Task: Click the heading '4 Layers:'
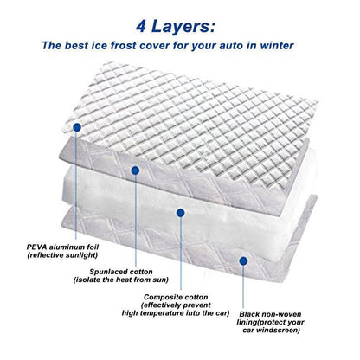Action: point(179,19)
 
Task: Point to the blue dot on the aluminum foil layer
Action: point(77,127)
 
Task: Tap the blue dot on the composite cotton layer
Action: point(180,212)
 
